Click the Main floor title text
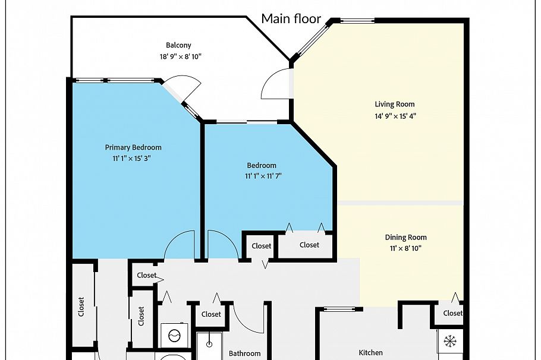[x=291, y=18]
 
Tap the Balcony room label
[x=178, y=45]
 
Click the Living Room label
[x=395, y=105]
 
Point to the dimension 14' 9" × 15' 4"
[x=395, y=116]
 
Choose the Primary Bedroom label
[x=133, y=147]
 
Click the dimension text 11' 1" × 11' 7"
[x=262, y=176]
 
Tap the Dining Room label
[x=405, y=238]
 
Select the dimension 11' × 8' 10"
[x=405, y=249]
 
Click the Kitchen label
[x=371, y=352]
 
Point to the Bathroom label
[x=245, y=353]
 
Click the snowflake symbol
[x=450, y=341]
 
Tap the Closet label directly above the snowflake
[x=452, y=313]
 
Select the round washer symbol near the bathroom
[x=174, y=336]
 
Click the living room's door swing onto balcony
[x=275, y=84]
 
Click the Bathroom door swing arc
[x=247, y=318]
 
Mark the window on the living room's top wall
[x=357, y=21]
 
